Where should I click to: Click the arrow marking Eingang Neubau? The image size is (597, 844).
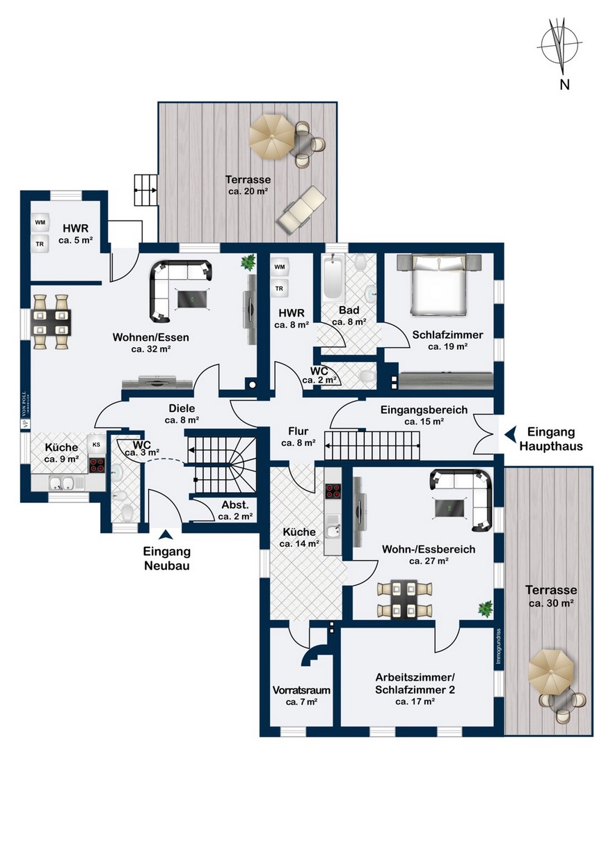pos(166,534)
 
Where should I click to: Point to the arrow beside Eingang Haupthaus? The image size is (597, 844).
pos(511,432)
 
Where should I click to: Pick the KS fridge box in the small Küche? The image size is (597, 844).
pos(96,444)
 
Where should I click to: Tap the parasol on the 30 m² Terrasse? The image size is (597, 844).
pos(551,670)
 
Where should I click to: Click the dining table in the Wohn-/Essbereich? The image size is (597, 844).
pos(404,599)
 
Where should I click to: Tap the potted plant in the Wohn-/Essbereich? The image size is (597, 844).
pos(485,610)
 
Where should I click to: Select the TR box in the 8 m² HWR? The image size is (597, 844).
pos(280,288)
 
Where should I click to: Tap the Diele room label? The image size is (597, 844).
pos(182,415)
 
